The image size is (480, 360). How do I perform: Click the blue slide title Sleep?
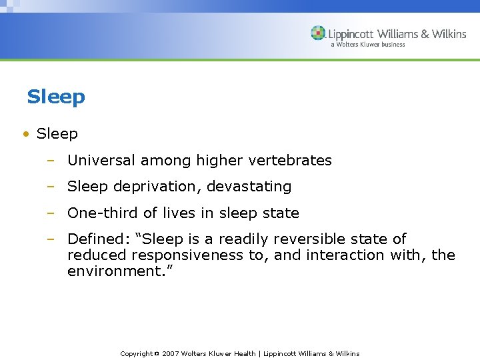pos(56,97)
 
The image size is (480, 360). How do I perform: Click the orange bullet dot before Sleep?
pos(25,134)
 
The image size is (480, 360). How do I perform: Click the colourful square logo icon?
pos(319,33)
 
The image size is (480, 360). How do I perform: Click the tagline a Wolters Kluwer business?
pos(367,45)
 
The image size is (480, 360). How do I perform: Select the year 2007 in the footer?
pos(171,354)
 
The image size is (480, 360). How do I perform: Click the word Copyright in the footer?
pos(136,354)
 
